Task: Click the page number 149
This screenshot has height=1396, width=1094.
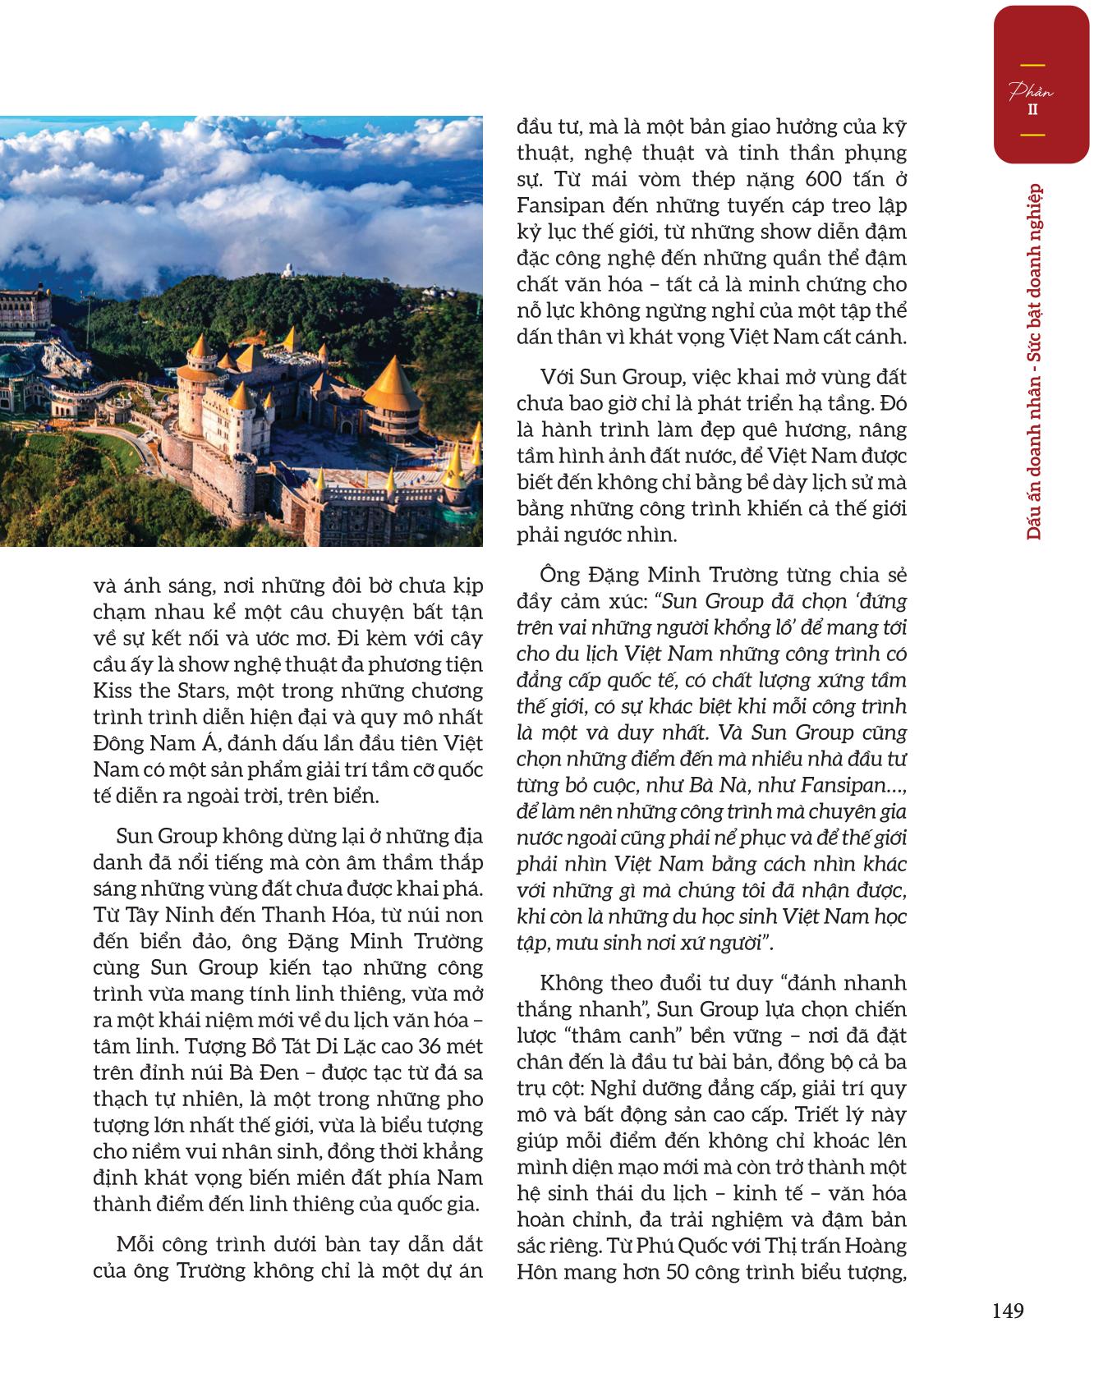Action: (1008, 1311)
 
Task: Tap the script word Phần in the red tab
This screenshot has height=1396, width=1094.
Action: (1032, 91)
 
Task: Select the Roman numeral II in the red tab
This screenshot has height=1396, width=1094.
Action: (1032, 108)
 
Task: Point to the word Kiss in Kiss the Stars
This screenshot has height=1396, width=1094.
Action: (113, 691)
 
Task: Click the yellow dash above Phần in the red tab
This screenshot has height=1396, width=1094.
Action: (1032, 65)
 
